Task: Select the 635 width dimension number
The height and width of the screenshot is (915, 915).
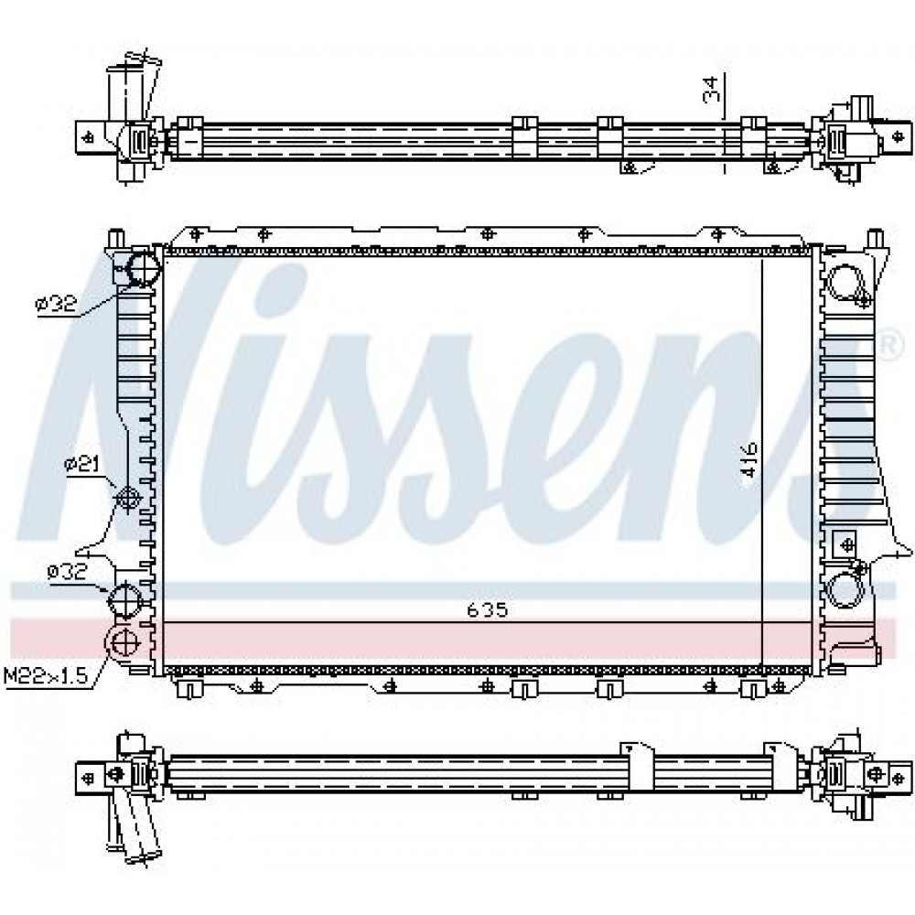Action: pyautogui.click(x=488, y=610)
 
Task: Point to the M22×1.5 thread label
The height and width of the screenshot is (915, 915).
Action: pyautogui.click(x=46, y=676)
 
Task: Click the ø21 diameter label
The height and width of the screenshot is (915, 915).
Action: pyautogui.click(x=82, y=465)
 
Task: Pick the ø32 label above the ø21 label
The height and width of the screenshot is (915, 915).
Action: pyautogui.click(x=56, y=304)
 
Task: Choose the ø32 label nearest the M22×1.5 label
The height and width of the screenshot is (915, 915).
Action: pyautogui.click(x=67, y=572)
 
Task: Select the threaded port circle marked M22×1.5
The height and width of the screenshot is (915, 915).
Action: pyautogui.click(x=123, y=643)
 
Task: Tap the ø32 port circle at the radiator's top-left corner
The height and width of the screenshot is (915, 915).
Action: pyautogui.click(x=143, y=268)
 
